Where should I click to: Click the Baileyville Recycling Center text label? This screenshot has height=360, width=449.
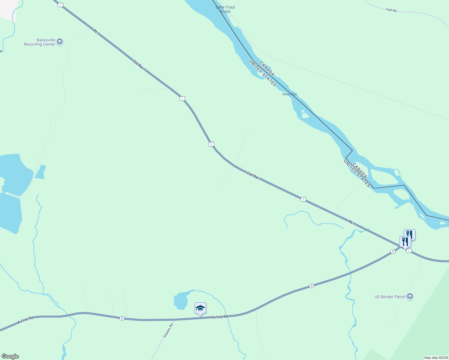40,42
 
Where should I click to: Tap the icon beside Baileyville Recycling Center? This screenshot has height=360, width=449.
60,42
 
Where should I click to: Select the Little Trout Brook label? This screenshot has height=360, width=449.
225,9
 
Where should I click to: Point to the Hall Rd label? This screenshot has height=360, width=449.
391,10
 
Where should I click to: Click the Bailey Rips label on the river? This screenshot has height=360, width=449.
290,94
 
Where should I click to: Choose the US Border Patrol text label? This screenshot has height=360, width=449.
390,297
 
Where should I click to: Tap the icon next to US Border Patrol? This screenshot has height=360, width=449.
410,296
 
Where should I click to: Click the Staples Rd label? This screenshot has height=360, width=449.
168,330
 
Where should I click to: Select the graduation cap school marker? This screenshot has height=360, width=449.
200,308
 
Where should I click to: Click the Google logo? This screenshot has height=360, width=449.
10,356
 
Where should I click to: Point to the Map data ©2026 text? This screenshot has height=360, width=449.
436,358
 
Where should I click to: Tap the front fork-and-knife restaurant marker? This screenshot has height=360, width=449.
405,241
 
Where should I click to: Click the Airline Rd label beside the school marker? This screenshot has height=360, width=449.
220,317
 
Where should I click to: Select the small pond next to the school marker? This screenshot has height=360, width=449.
180,301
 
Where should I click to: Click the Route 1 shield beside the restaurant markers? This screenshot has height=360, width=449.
409,250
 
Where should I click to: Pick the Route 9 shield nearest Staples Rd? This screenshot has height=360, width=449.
122,318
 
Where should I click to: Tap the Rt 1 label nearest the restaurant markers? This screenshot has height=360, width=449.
352,223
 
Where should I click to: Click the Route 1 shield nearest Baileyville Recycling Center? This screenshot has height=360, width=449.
61,5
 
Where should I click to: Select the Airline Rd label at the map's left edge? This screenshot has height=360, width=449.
26,320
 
